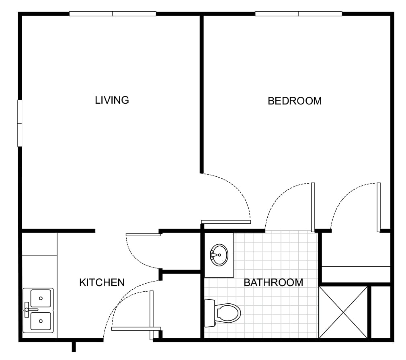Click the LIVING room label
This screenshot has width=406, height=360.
(112, 100)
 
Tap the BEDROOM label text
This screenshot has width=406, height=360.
(295, 101)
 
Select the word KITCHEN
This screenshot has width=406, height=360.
(102, 282)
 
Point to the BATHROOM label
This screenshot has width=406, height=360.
(273, 282)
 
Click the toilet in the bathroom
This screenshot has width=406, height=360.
(223, 313)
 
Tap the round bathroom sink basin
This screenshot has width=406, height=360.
(219, 255)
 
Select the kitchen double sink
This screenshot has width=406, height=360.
(38, 310)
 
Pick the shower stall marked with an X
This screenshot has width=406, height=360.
(343, 312)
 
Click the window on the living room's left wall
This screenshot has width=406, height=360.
(20, 123)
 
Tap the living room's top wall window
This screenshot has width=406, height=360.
(113, 14)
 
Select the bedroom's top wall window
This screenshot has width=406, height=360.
(298, 14)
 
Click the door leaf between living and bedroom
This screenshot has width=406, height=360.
(226, 222)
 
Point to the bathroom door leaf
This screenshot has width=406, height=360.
(313, 207)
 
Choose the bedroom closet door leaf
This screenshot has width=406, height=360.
(379, 207)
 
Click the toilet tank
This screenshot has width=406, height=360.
(209, 313)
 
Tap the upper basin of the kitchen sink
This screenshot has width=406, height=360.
(41, 298)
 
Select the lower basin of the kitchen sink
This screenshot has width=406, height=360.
(41, 321)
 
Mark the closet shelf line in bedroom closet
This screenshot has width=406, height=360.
(356, 266)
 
